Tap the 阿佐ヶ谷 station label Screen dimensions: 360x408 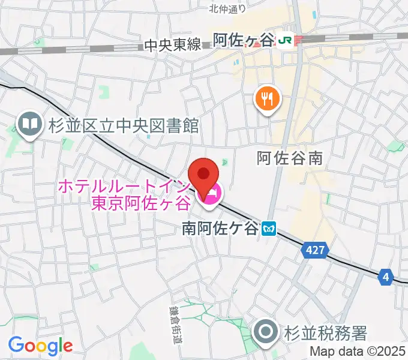click(x=244, y=40)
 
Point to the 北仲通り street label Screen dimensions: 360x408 click(x=228, y=8)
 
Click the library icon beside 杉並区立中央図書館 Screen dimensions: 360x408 click(x=29, y=125)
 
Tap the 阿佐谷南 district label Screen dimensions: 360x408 click(x=290, y=158)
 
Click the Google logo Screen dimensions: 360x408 click(x=40, y=345)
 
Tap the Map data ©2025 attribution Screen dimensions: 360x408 click(x=357, y=352)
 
